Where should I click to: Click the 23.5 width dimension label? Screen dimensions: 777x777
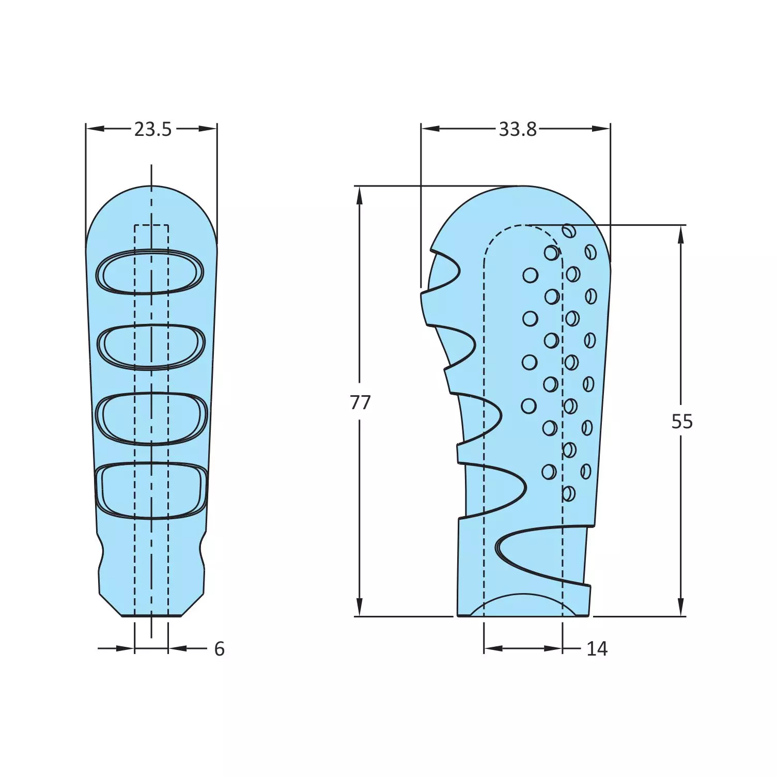pos(152,129)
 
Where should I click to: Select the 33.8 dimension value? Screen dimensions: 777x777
pos(517,129)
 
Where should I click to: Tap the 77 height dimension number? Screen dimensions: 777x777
pos(360,402)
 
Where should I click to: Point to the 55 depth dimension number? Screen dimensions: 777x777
pos(681,422)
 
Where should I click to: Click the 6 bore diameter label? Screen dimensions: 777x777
pos(220,649)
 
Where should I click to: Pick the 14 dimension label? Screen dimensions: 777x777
pos(597,649)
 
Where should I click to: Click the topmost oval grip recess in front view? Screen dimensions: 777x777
pos(150,272)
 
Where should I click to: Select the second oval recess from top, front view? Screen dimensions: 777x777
pos(151,347)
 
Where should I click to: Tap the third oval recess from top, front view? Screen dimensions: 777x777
pos(151,418)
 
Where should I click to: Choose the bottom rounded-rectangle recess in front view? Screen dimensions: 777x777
pos(151,490)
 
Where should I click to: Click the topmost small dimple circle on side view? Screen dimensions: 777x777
pos(569,231)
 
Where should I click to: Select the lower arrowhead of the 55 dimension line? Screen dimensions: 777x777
pos(681,607)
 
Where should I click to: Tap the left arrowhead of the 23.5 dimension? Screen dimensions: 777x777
pos(95,129)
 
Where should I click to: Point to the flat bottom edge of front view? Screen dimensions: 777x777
pos(151,616)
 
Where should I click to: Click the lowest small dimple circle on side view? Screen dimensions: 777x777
pos(568,493)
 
